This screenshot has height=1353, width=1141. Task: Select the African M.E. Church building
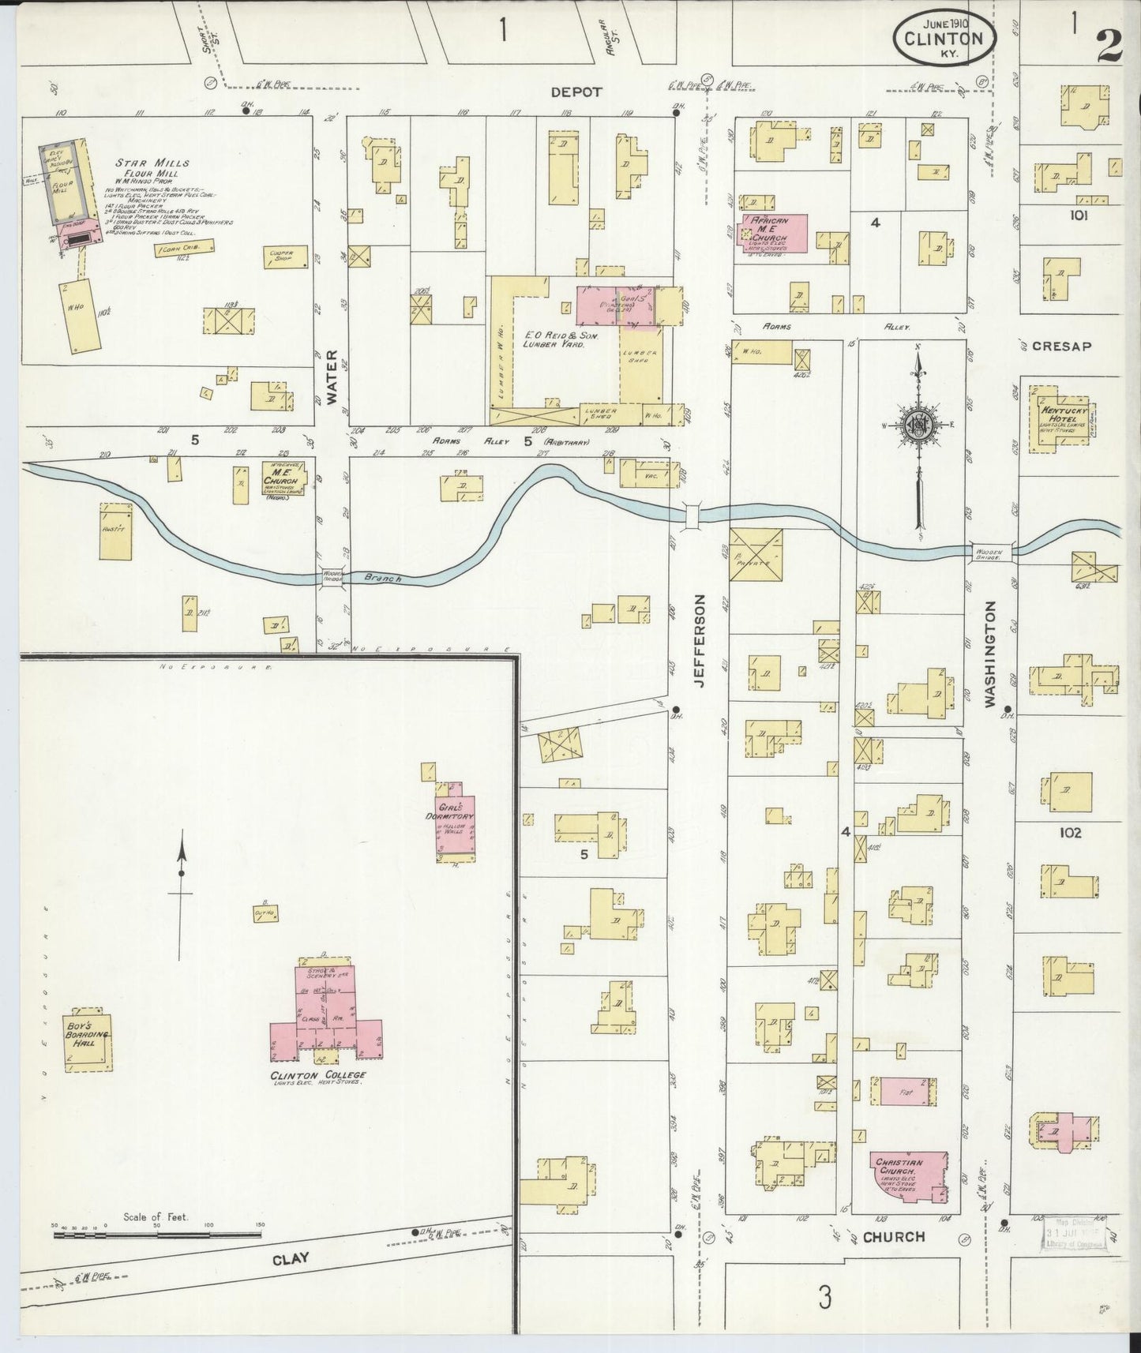[772, 233]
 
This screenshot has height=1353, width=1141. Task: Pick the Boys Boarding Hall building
[88, 1039]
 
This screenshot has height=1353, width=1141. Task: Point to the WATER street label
[332, 377]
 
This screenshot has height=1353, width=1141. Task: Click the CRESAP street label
[1061, 346]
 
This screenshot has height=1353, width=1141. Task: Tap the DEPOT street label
[576, 92]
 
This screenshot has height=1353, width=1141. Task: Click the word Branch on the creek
[383, 579]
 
